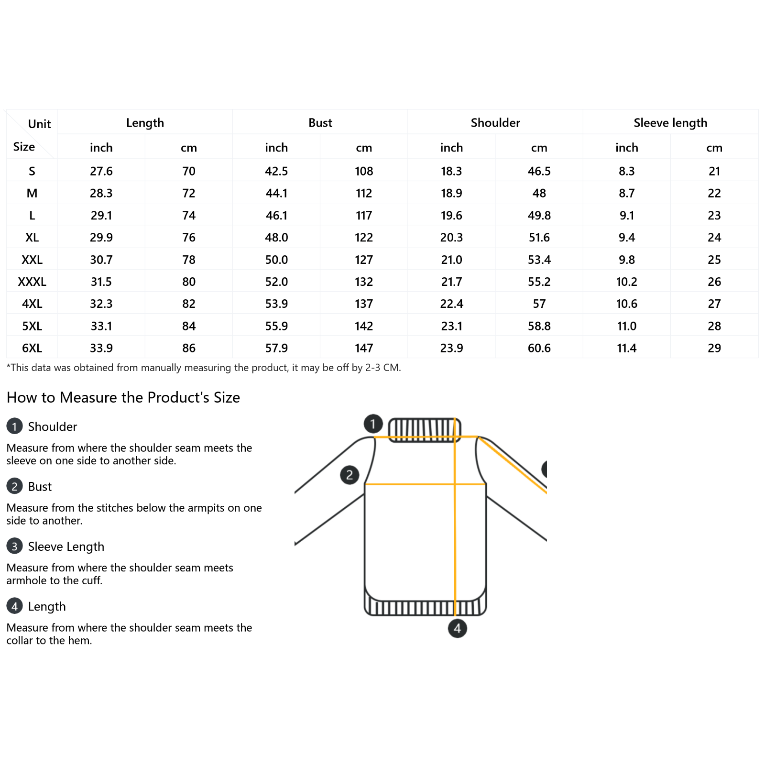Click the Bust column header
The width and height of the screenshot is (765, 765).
point(320,123)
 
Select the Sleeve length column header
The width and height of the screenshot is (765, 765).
point(670,123)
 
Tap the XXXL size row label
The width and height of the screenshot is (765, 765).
point(32,282)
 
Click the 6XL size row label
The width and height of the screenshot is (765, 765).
point(32,348)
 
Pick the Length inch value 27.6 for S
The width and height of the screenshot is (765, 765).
point(101,171)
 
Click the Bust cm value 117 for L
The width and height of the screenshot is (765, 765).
point(364,216)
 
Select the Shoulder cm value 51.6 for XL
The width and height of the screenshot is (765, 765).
point(539,238)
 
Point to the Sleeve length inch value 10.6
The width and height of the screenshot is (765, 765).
point(626,304)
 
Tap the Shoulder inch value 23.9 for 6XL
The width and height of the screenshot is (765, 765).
point(451,348)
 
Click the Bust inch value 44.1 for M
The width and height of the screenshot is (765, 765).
point(276,193)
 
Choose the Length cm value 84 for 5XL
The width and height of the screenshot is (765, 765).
point(189,326)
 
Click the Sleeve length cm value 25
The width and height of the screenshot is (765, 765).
point(714,260)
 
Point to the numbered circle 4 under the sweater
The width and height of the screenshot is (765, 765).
point(457,628)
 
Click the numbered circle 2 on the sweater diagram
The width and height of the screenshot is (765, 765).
point(350,475)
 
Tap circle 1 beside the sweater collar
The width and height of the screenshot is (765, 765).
point(373,424)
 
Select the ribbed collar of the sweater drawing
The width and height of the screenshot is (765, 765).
point(424,429)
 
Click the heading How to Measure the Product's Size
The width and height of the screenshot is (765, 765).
point(123,397)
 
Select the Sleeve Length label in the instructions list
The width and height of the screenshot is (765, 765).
point(66,546)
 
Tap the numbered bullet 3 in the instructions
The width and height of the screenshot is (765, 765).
point(14,546)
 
